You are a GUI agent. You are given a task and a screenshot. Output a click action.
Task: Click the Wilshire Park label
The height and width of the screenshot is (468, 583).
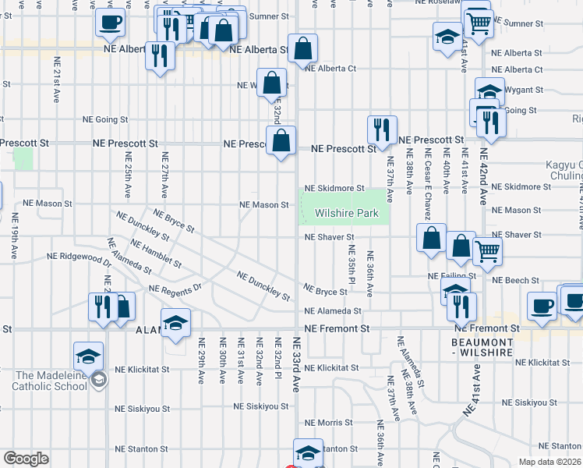pyautogui.click(x=346, y=213)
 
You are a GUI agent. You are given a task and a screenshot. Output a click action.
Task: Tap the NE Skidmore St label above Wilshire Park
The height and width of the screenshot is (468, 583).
pyautogui.click(x=334, y=188)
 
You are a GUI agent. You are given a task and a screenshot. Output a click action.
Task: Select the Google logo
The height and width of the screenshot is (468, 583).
pyautogui.click(x=26, y=459)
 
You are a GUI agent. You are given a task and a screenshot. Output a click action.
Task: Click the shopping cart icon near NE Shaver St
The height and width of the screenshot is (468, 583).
pyautogui.click(x=487, y=251)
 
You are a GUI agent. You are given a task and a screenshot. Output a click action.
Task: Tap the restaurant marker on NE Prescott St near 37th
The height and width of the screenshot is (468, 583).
pyautogui.click(x=382, y=129)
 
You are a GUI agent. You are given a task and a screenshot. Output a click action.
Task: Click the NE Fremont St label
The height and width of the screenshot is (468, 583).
pyautogui.click(x=337, y=329)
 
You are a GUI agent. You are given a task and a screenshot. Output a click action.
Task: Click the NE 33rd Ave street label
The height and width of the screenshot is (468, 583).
pyautogui.click(x=296, y=364)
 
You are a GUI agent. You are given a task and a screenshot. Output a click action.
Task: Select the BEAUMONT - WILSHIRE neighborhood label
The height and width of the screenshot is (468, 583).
pyautogui.click(x=481, y=348)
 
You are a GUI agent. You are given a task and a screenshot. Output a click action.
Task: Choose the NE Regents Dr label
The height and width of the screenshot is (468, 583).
pyautogui.click(x=175, y=289)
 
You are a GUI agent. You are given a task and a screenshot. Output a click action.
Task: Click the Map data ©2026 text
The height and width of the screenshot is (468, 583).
pyautogui.click(x=549, y=462)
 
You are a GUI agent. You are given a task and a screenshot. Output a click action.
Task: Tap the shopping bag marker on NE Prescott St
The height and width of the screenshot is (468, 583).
pyautogui.click(x=281, y=142)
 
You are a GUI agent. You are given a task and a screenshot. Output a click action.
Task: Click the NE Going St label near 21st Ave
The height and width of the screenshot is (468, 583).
pyautogui.click(x=105, y=119)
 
